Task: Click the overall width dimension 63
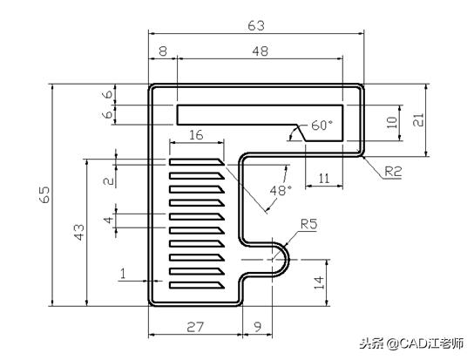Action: click(256, 25)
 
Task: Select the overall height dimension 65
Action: click(44, 195)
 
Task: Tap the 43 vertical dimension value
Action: click(78, 232)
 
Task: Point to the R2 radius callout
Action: click(392, 172)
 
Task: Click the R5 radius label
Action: click(308, 224)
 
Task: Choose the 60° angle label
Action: click(322, 126)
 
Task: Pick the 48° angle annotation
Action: click(280, 189)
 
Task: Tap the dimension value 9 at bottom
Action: click(256, 327)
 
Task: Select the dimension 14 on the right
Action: click(319, 282)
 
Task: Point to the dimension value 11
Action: click(323, 178)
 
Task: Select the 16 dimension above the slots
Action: click(195, 134)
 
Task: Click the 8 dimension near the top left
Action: click(163, 52)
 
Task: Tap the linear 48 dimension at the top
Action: click(260, 52)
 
